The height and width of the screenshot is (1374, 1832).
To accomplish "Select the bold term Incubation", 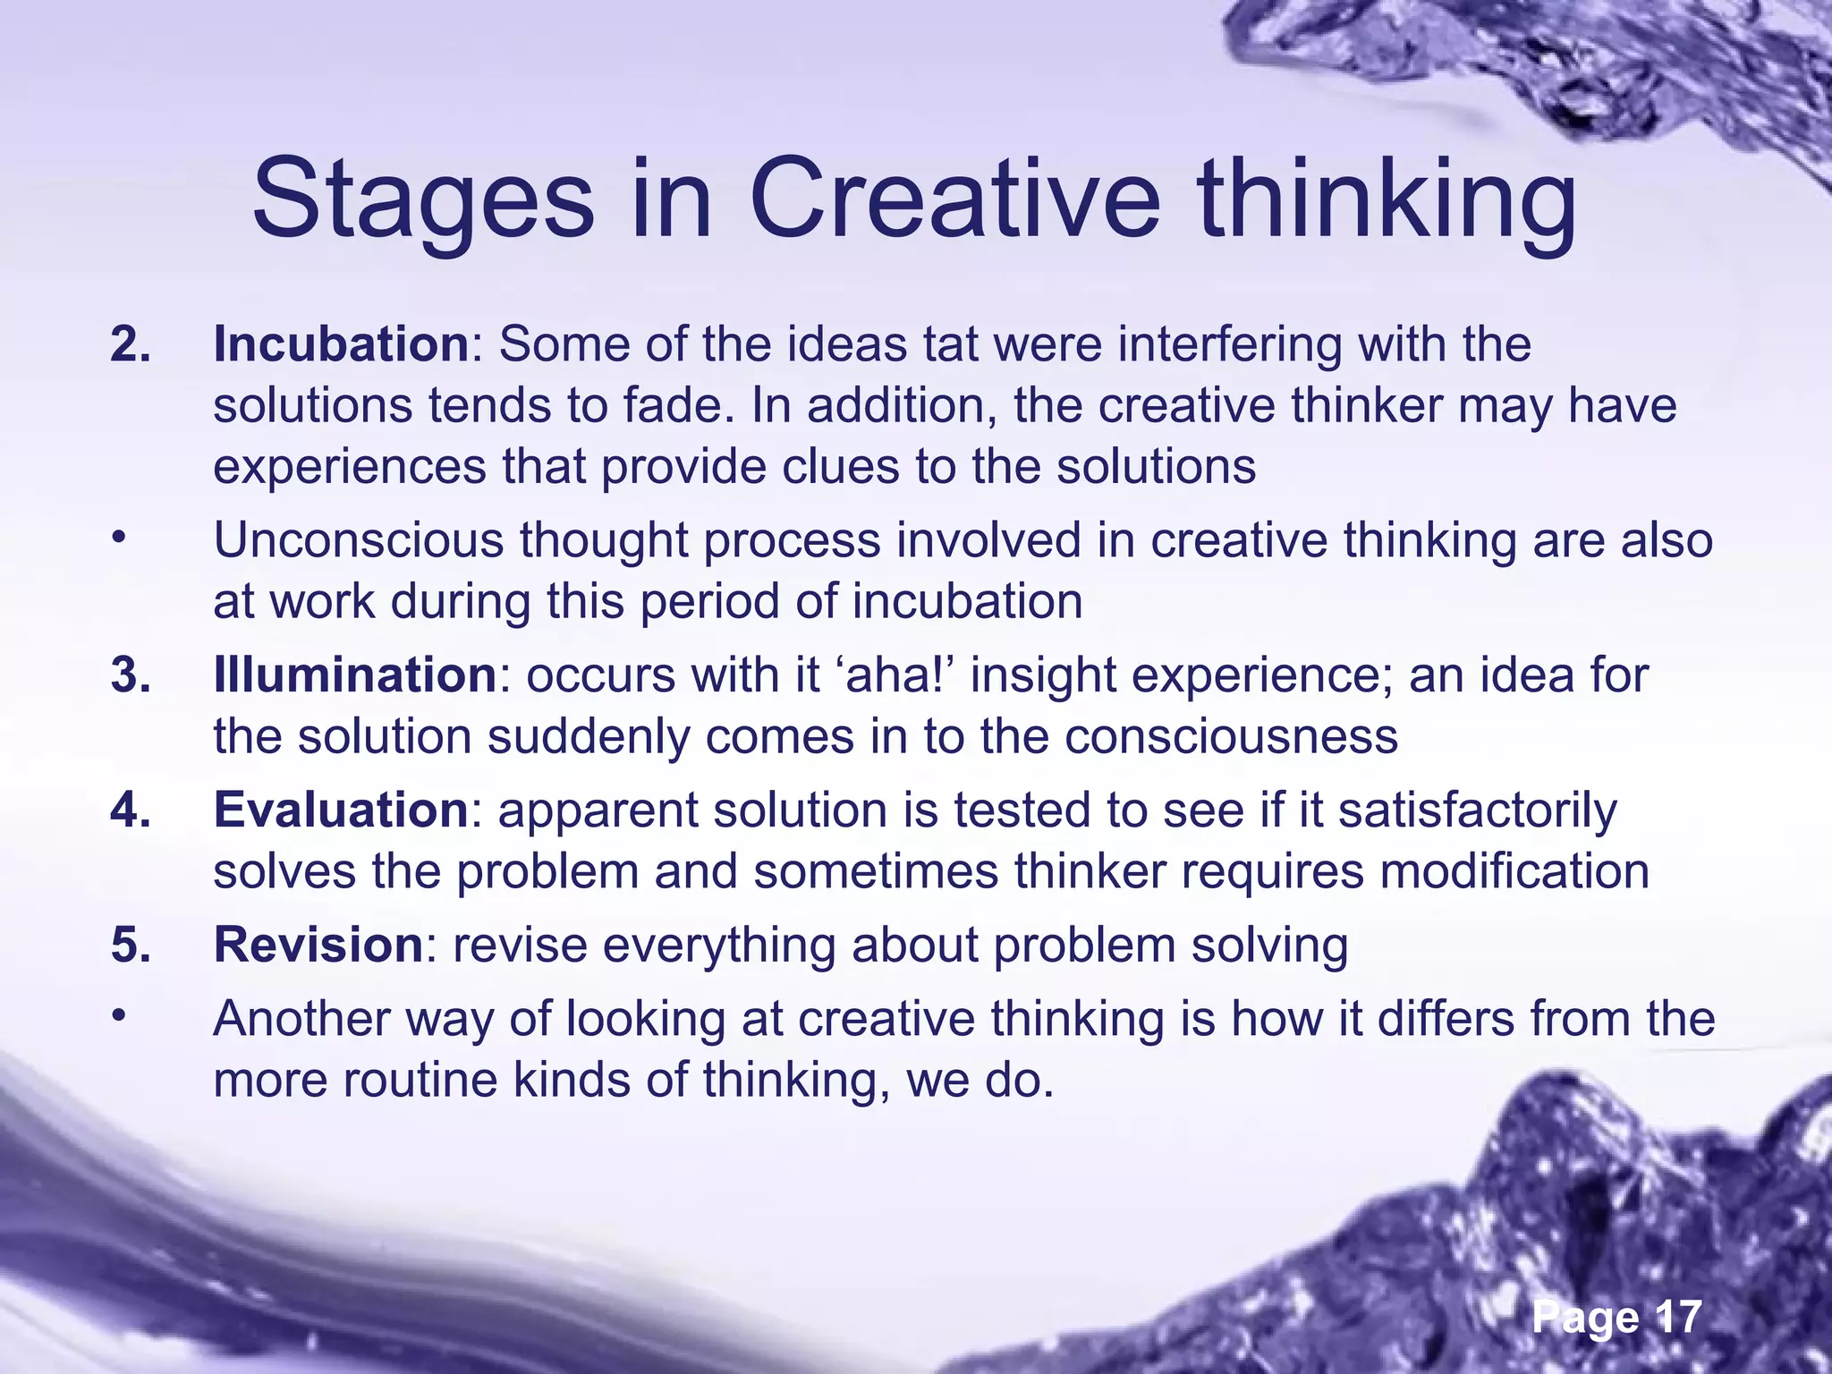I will [x=341, y=344].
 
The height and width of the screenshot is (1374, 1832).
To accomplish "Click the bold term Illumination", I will [x=354, y=675].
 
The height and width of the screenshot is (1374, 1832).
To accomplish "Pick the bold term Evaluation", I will [x=341, y=810].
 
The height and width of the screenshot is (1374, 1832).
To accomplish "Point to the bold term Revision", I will [x=318, y=946].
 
